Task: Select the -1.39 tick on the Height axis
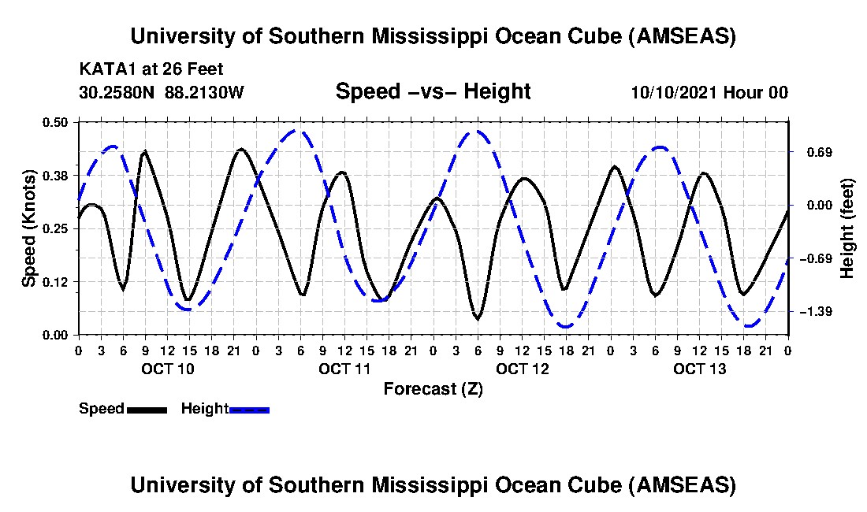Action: tap(814, 313)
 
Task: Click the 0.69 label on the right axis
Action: tap(814, 152)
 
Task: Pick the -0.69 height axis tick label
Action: tap(814, 259)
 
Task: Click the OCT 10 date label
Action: tap(166, 369)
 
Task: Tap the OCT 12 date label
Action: tap(522, 369)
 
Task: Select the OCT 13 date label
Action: tap(699, 369)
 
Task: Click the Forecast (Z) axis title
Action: tap(433, 389)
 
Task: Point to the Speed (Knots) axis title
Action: tap(29, 228)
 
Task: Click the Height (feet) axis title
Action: tap(848, 228)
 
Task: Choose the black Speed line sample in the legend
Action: tap(147, 410)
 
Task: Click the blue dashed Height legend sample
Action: tap(249, 410)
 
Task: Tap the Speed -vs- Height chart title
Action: tap(433, 91)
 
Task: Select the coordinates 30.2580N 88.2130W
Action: tap(162, 92)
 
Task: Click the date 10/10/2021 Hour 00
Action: tap(709, 92)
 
